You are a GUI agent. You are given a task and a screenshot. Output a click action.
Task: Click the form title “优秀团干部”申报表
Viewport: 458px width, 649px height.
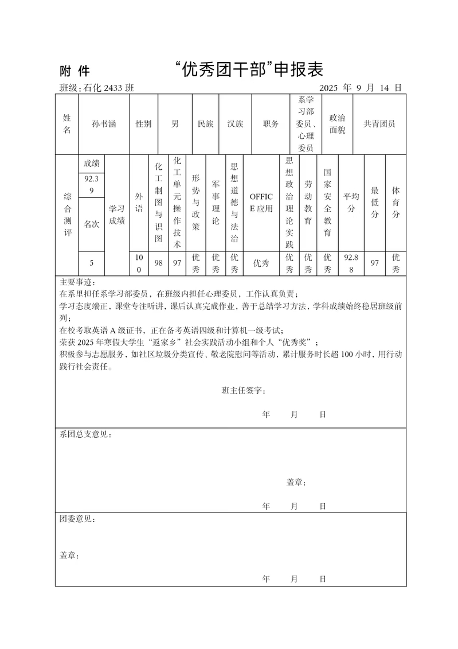[x=249, y=70]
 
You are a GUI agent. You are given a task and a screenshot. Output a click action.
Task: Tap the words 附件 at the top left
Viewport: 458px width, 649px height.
[x=75, y=71]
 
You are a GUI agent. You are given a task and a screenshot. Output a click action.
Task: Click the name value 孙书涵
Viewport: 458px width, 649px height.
[x=104, y=123]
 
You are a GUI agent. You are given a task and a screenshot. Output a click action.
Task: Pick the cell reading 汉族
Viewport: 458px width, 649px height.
[x=235, y=123]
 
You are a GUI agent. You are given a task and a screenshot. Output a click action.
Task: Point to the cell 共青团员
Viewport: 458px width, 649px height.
[x=379, y=123]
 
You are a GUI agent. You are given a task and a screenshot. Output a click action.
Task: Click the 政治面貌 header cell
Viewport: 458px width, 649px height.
[x=337, y=123]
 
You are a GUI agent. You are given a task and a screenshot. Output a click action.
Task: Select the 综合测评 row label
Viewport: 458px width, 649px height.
[x=66, y=215]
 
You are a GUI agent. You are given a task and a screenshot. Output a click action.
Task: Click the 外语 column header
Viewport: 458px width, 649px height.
[x=139, y=203]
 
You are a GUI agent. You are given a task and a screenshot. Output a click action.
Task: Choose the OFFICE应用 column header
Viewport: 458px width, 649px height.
[x=261, y=203]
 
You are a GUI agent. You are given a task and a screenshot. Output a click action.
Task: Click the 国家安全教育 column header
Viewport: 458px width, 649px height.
[x=327, y=203]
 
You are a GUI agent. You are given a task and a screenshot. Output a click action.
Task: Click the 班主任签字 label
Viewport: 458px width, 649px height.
[x=243, y=390]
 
